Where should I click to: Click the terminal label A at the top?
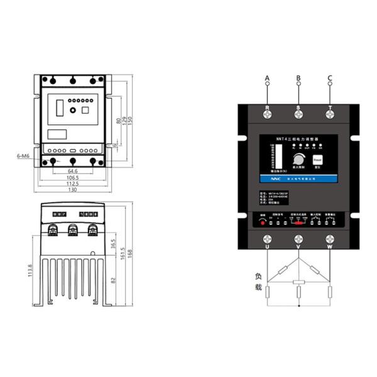click(x=267, y=78)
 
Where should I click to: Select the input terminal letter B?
click(x=298, y=78)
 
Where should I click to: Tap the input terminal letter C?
click(x=330, y=78)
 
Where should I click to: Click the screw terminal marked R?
click(x=267, y=114)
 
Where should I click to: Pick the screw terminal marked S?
click(x=298, y=114)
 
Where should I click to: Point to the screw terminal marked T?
click(x=330, y=114)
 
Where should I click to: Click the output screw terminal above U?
click(x=267, y=239)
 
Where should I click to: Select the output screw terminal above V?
click(x=298, y=239)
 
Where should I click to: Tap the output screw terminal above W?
click(x=330, y=239)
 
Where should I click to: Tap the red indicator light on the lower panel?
click(x=263, y=222)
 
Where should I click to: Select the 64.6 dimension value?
click(x=72, y=171)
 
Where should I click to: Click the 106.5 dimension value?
click(x=72, y=178)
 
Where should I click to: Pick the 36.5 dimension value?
click(x=113, y=243)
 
